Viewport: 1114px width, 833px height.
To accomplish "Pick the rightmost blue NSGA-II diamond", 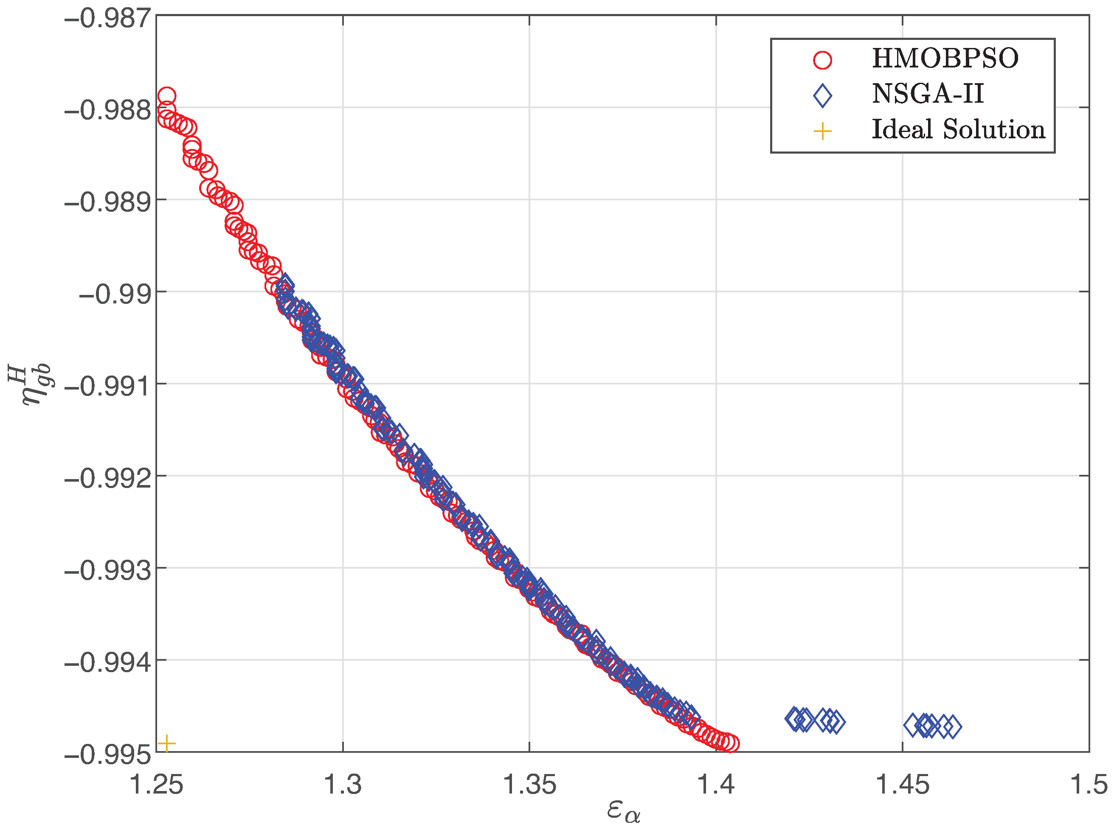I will point(952,727).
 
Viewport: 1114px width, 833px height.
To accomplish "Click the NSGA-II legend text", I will point(928,94).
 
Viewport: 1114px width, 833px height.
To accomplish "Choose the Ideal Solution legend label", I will point(958,129).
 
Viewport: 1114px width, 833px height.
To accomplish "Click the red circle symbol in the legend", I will point(822,60).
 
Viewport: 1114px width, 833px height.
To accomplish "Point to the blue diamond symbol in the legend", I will point(822,95).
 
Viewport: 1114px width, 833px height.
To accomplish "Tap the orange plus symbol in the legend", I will point(822,132).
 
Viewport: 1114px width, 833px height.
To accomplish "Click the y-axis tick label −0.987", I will point(108,19).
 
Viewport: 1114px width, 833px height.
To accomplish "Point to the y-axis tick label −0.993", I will point(108,570).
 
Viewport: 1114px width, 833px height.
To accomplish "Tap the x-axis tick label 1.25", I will point(157,785).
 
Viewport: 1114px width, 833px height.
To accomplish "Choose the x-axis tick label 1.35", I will point(529,785).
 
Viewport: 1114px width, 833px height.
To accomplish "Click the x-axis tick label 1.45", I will point(902,785).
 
